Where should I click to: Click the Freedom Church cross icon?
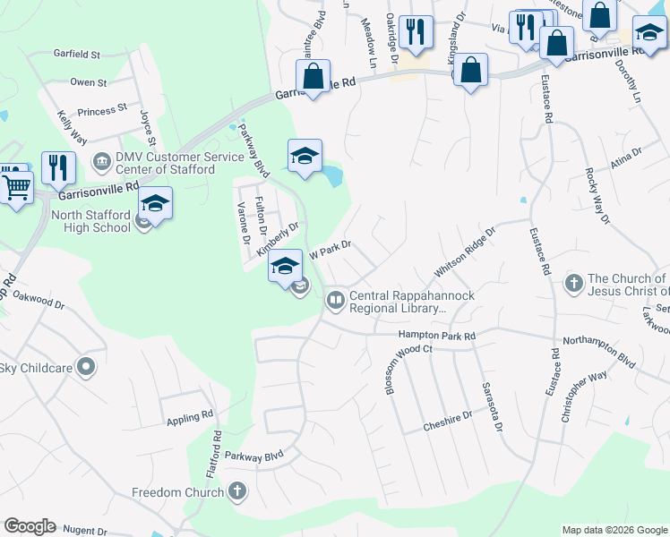(x=236, y=490)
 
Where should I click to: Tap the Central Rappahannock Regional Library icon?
(x=336, y=300)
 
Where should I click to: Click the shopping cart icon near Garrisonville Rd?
(x=15, y=188)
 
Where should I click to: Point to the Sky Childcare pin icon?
(x=86, y=366)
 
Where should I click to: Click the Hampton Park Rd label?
(x=436, y=335)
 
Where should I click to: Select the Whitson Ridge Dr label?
(x=465, y=253)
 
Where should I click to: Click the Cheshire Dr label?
(x=448, y=418)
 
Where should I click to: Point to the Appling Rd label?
(x=189, y=417)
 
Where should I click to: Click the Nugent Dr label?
(x=84, y=531)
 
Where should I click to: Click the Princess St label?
(x=102, y=111)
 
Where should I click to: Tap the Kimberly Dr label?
(x=277, y=239)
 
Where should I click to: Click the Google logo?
(x=30, y=526)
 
